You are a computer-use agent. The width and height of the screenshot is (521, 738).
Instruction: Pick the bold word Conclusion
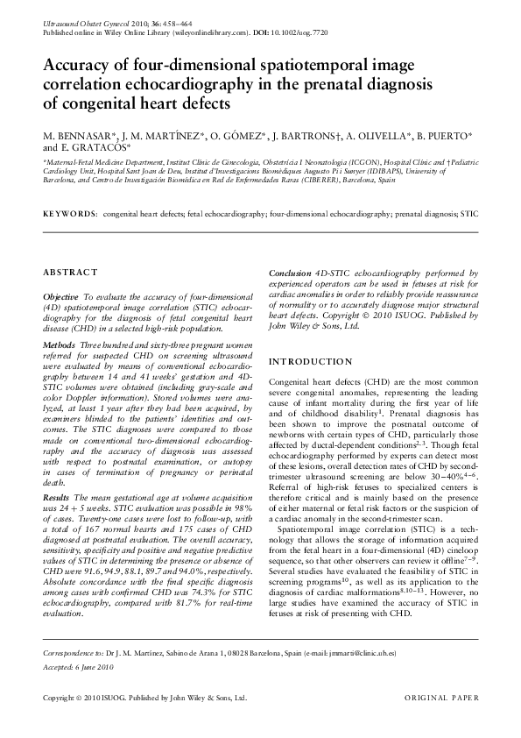click(290, 273)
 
